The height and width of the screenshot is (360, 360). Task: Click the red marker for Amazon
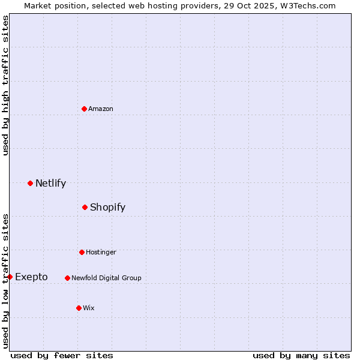click(84, 109)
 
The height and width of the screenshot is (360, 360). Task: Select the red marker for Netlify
click(30, 183)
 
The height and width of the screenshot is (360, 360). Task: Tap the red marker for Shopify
click(85, 207)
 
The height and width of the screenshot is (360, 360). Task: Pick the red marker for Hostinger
click(82, 252)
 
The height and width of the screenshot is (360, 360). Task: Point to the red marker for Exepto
click(10, 277)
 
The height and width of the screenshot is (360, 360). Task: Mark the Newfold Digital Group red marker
click(67, 278)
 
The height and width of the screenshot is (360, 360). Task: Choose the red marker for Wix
click(79, 308)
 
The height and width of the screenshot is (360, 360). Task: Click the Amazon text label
click(101, 109)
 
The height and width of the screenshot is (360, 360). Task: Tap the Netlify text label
click(50, 183)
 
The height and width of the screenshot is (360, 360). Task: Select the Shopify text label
click(107, 207)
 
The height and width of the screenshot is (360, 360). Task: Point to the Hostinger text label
click(101, 252)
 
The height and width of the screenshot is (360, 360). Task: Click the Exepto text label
click(31, 277)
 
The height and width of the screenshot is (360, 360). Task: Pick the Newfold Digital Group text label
click(106, 278)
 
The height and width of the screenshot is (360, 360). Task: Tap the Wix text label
click(89, 308)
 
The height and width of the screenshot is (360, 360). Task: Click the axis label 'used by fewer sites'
click(62, 355)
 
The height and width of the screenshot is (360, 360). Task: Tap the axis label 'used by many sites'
click(301, 355)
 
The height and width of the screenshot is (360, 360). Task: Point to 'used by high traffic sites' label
click(5, 85)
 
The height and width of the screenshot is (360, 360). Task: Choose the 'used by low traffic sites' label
click(5, 281)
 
